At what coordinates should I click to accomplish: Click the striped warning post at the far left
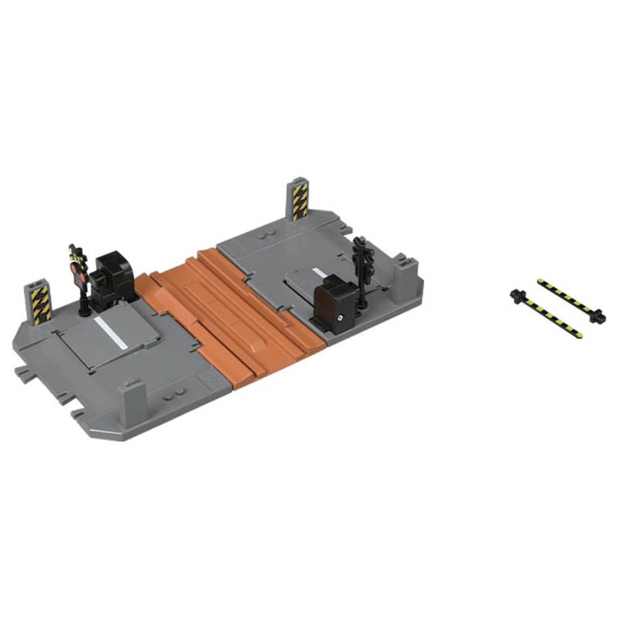[40, 305]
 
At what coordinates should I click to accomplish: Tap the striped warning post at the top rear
[299, 200]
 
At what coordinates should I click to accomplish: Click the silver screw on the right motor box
[341, 318]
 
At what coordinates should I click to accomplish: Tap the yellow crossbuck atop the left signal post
[76, 252]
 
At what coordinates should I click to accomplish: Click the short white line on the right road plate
[318, 273]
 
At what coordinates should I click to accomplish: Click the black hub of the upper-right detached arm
[597, 316]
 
